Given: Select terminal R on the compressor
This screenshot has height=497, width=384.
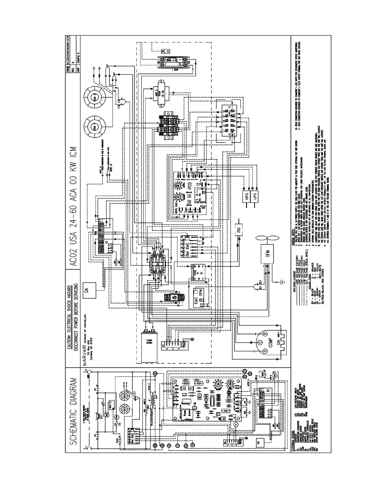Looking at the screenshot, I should point(265,334).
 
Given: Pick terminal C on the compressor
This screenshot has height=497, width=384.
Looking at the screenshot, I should point(259,342).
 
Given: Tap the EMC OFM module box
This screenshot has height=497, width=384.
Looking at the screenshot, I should point(200,295).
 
